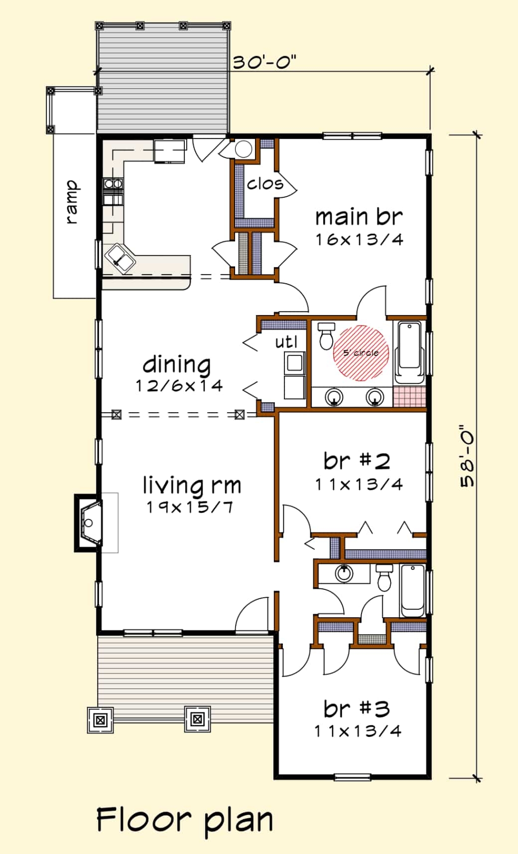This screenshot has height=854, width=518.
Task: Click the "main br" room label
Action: pos(359,217)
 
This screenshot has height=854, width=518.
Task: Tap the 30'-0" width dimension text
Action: pos(264,62)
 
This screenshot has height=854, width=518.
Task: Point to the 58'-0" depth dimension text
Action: pos(467,456)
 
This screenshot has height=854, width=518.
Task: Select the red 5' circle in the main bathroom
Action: pos(361,352)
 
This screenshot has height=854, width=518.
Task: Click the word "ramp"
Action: pos(72,202)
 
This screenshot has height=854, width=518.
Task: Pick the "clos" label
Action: pos(265,183)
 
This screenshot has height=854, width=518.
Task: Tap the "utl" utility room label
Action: pos(286,342)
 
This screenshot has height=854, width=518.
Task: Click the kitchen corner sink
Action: pos(120,258)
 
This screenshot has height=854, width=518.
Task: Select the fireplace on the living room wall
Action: pos(88,522)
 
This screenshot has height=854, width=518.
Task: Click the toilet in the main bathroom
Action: pos(326,336)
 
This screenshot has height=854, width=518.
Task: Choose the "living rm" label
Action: pos(192,486)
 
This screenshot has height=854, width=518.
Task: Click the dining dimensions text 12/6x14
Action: pos(179,386)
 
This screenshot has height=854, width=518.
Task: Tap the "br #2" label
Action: pos(357,461)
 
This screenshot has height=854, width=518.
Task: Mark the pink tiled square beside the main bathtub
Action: pos(409,396)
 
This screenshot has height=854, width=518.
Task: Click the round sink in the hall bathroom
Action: pos(344,573)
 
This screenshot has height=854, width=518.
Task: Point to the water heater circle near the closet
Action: pos(243,149)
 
